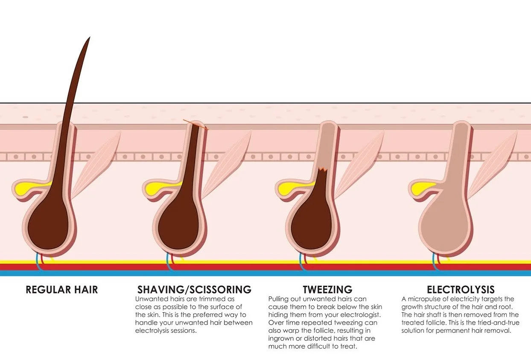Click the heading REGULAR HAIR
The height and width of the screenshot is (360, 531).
pos(62,290)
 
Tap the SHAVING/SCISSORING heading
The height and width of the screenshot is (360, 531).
pos(194,290)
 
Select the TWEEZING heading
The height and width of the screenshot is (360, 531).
pos(327,290)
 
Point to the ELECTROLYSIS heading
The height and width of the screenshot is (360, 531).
pos(461,290)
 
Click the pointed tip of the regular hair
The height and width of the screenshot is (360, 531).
pos(89,38)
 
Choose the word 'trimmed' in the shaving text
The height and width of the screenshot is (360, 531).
pos(207,299)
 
